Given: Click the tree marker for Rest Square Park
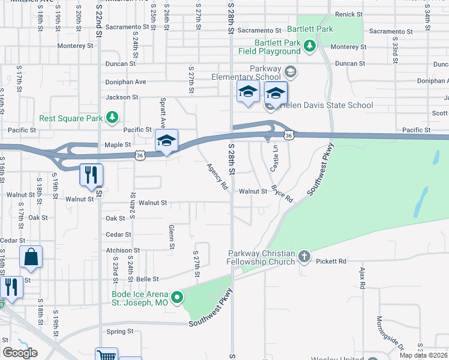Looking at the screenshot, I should tap(112, 117).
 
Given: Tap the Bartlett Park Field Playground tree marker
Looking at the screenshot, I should tap(310, 46).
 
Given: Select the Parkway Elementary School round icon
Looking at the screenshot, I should tap(290, 73).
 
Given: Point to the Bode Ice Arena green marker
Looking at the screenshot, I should tap(177, 297).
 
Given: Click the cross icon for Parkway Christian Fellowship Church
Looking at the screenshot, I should tap(304, 257).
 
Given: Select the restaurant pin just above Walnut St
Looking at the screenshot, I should tap(91, 175).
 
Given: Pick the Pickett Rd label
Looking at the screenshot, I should tap(334, 261).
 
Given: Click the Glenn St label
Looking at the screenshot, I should tap(172, 236).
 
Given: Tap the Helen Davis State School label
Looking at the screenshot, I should tap(327, 106).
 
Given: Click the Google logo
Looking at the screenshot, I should tap(20, 353).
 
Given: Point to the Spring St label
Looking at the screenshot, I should tap(120, 331).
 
